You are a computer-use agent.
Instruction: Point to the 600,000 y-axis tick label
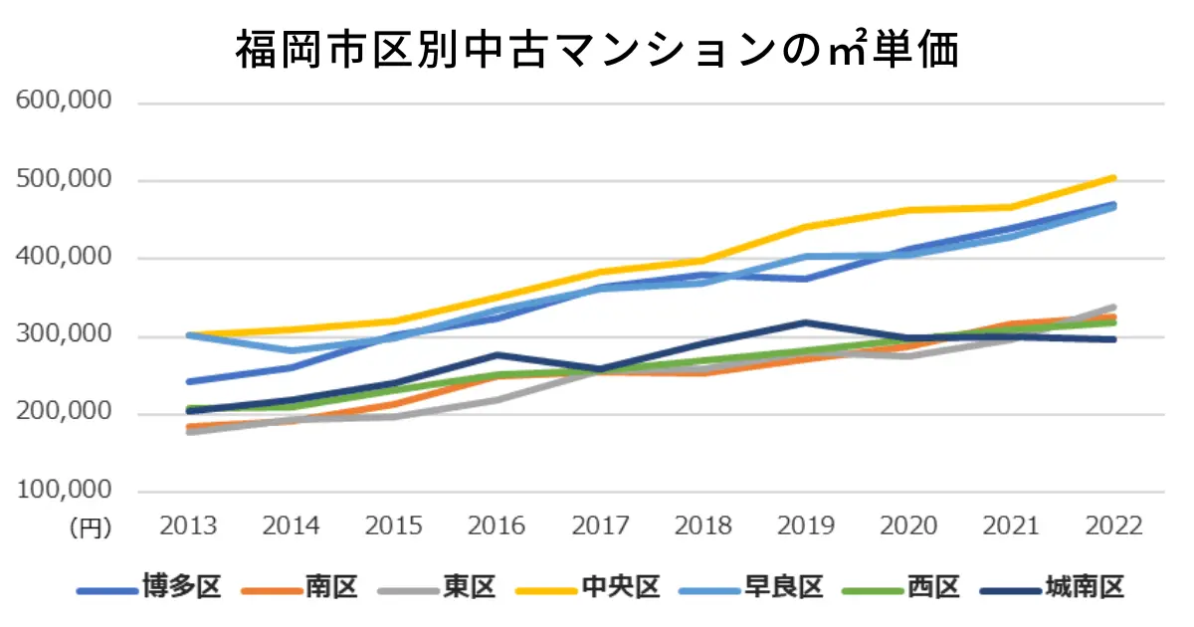point(63,103)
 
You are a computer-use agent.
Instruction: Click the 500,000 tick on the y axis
point(63,180)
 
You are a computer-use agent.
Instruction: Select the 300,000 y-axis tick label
point(63,336)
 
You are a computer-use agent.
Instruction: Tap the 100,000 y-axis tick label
point(63,492)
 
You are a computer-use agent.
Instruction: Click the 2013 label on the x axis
point(189,525)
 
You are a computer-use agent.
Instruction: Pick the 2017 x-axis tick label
point(600,525)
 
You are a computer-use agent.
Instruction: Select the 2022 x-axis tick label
point(1114,525)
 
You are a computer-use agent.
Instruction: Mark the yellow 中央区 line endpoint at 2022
point(1113,178)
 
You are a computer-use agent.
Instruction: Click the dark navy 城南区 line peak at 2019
point(806,322)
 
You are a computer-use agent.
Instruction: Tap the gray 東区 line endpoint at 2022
point(1113,308)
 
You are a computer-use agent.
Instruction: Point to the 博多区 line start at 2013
point(189,381)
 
